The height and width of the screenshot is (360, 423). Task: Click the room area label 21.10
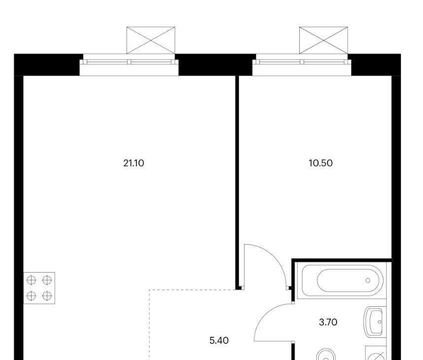pos(134,163)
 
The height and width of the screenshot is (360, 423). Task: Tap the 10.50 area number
pos(320,163)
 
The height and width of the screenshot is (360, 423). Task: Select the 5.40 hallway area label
pos(219,340)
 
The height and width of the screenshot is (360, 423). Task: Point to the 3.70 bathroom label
pos(328,322)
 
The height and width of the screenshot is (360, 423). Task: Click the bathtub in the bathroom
pos(342,281)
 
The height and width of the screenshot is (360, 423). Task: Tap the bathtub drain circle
pos(368,281)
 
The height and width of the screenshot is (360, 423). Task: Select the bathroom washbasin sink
pos(374,322)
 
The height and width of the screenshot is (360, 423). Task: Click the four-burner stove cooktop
pos(39,288)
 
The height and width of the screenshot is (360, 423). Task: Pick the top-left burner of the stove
pos(31,280)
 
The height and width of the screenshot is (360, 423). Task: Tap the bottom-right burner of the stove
pos(47,296)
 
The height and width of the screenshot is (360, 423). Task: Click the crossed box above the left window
pos(151,40)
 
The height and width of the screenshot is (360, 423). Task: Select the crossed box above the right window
pos(323,40)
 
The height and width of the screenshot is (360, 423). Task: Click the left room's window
pos(129,65)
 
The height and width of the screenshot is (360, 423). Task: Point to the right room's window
pos(302,65)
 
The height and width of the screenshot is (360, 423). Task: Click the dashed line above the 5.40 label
pos(193,289)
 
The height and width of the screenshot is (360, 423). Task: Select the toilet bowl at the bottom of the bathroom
pos(326,355)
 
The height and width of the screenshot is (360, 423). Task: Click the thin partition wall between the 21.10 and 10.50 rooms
pos(237,182)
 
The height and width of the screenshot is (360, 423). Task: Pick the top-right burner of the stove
pos(47,280)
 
